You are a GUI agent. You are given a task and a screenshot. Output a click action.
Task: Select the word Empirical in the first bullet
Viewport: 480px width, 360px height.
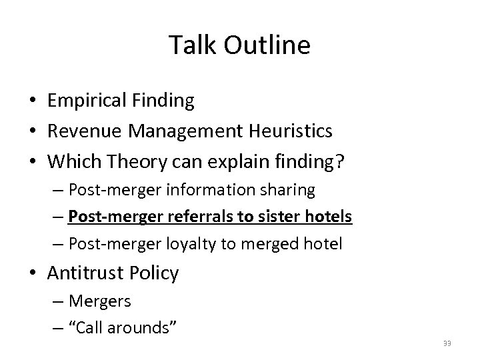87,101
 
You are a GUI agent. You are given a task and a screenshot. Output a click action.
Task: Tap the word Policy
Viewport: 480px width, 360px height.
155,273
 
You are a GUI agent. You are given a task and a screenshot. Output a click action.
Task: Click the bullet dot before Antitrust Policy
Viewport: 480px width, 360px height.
34,273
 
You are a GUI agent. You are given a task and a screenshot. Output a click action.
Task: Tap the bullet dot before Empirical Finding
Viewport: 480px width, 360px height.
34,102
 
